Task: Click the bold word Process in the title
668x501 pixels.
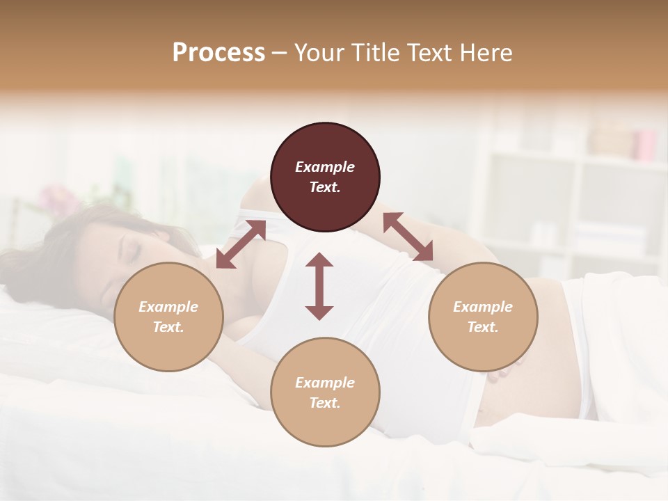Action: click(218, 53)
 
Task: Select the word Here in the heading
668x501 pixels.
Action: click(484, 53)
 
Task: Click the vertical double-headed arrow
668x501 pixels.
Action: click(319, 286)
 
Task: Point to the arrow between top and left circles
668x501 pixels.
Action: click(241, 244)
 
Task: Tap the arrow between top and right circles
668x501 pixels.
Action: click(408, 237)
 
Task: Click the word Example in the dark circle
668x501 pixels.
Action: click(325, 167)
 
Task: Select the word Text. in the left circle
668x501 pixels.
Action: click(168, 327)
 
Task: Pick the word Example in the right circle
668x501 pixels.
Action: click(483, 307)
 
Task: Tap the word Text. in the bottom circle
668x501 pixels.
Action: click(325, 403)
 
